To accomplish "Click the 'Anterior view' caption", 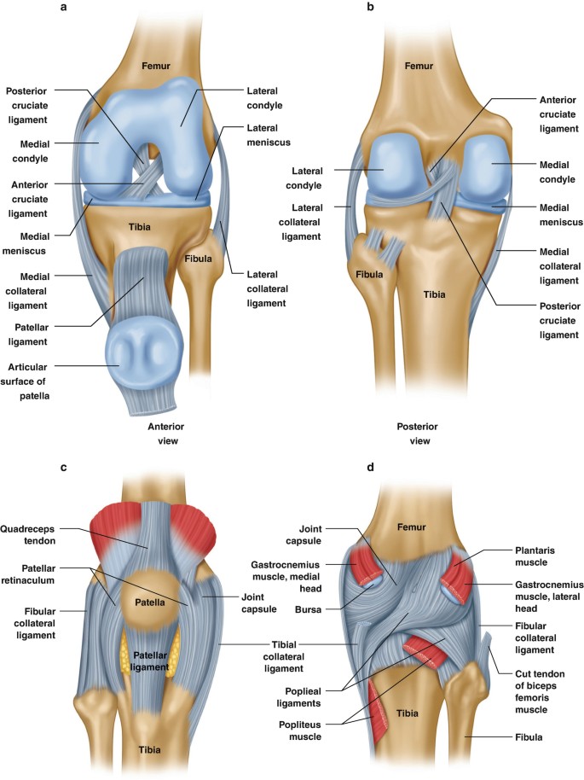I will click(x=166, y=433).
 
